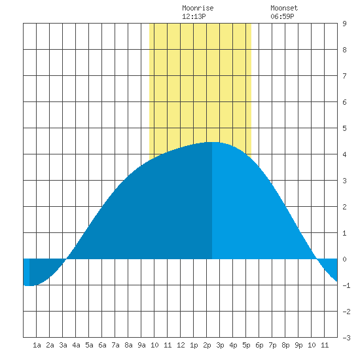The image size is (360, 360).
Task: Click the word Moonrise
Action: coord(198,8)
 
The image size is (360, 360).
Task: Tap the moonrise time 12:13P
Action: coord(194,16)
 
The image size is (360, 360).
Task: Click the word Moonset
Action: coord(284,8)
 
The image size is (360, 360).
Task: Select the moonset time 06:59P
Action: coord(282,16)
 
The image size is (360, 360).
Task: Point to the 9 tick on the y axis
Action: coord(344,24)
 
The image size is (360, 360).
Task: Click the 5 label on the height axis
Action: coord(344,128)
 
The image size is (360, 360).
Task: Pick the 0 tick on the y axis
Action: coord(344,259)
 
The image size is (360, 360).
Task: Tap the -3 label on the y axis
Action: coord(346,338)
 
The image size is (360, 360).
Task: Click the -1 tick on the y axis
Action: coord(346,285)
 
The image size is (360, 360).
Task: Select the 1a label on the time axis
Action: coord(37,345)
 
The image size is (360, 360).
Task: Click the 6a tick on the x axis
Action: coord(102,345)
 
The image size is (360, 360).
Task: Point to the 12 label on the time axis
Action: coord(181,345)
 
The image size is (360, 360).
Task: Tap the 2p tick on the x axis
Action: coord(207,345)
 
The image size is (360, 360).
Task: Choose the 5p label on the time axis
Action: coord(246,345)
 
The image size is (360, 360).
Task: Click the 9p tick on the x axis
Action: coord(298,345)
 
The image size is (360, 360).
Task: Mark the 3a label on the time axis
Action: coord(63,345)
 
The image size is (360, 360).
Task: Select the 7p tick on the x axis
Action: coord(272,345)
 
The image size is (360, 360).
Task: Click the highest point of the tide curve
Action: coord(212,142)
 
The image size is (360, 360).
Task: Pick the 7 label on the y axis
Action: coord(344,76)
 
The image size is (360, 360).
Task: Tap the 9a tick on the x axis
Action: coord(141,345)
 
